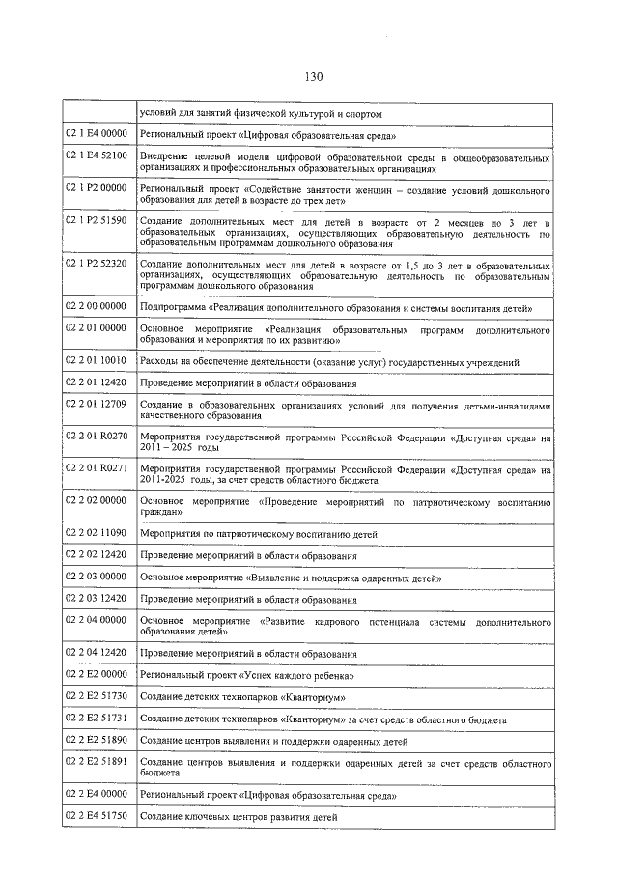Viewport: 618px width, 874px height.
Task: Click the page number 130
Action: [x=311, y=77]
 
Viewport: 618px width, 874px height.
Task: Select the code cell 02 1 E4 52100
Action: [x=97, y=155]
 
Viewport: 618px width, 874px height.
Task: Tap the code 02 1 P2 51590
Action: [x=97, y=221]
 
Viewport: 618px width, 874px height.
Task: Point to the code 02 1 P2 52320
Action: [x=97, y=263]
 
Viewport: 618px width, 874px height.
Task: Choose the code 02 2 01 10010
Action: [x=97, y=360]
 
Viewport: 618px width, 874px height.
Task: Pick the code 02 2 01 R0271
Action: [x=97, y=468]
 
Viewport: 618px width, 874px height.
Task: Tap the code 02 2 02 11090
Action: [x=97, y=532]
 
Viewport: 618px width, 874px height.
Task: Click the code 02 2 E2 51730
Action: [x=97, y=695]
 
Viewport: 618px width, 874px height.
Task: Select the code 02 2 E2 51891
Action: [x=97, y=761]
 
